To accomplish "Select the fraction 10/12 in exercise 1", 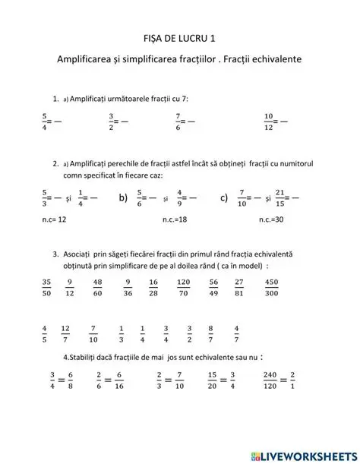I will (x=268, y=121).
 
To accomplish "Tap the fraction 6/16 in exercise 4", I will (x=121, y=380).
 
